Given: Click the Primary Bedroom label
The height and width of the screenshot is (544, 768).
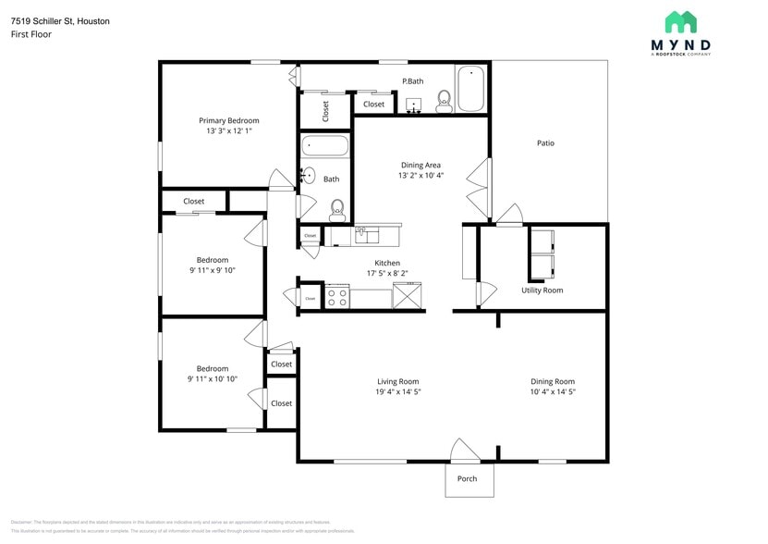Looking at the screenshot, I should click(x=228, y=120).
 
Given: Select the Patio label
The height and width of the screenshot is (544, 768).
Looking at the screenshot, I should click(x=545, y=143).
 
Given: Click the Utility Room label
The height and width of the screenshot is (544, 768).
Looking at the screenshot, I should click(x=542, y=291).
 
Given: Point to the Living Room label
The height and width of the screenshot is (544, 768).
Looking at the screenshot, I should click(x=397, y=381).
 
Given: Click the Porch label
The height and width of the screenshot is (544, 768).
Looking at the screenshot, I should click(x=468, y=478).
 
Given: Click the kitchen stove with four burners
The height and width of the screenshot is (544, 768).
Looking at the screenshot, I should click(x=336, y=298).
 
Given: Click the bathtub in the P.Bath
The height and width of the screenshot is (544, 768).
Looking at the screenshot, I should click(x=471, y=89).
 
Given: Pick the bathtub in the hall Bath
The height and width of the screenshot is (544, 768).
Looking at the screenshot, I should click(x=323, y=146).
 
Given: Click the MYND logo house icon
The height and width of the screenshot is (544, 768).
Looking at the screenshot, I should click(x=681, y=22).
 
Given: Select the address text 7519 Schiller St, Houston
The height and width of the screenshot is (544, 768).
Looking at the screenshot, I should click(x=60, y=20).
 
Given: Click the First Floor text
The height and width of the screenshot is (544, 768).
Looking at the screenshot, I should click(x=31, y=34).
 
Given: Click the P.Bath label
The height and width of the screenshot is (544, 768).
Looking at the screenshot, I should click(x=412, y=81).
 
